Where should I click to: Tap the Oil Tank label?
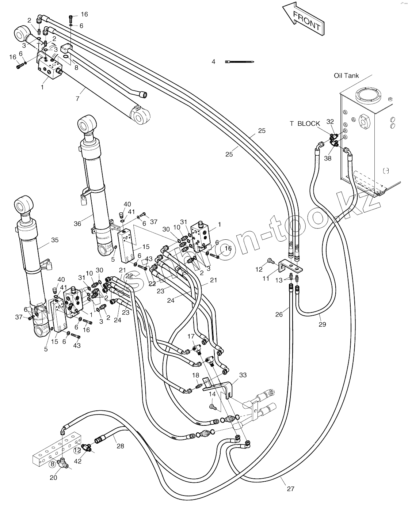coord(346,76)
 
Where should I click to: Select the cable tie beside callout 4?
coord(240,61)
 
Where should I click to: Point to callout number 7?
coord(77,99)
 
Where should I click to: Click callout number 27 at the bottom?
coord(290,489)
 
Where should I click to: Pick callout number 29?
coord(322,324)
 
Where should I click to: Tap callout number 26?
coord(279,314)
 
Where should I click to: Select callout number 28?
coord(120,446)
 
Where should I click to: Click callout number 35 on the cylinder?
coord(54,240)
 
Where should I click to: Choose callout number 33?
coord(243,375)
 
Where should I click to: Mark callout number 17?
coord(191,336)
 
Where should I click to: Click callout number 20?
coord(53,478)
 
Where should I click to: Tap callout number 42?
coord(77,461)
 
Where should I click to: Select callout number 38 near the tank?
coord(328,158)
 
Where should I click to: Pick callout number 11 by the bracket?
coord(266,278)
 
